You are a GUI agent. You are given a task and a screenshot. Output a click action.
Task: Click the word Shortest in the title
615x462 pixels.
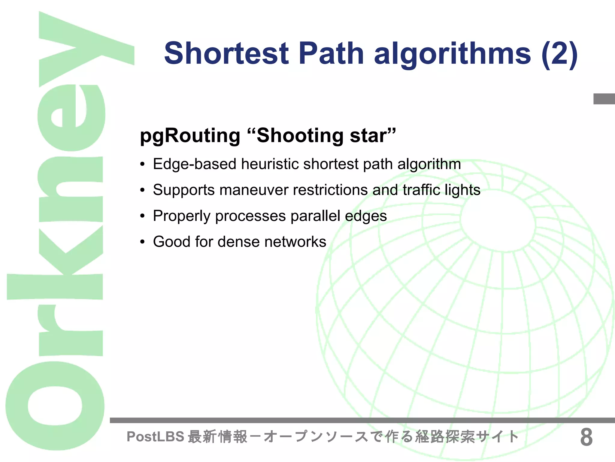click(226, 53)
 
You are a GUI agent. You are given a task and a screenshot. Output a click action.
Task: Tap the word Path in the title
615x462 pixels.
click(331, 53)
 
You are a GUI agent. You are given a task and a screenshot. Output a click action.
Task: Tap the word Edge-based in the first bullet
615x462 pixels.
click(194, 164)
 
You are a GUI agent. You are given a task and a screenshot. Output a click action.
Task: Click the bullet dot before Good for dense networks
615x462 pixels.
click(143, 242)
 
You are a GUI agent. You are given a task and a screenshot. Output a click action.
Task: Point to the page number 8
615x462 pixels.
click(586, 437)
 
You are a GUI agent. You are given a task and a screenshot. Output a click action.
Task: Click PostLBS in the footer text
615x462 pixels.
click(155, 436)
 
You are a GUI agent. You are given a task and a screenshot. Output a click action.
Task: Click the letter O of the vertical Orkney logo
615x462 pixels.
click(55, 405)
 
